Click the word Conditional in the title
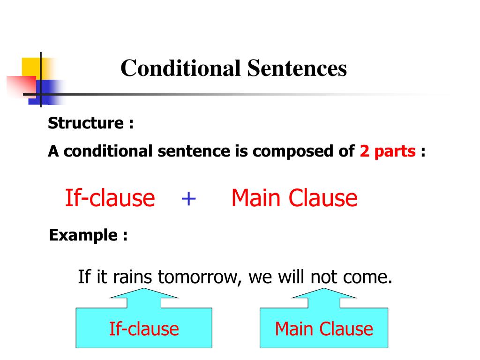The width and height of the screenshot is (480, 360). click(x=180, y=68)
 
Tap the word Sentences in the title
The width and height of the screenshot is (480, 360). click(x=297, y=68)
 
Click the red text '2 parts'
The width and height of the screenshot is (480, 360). click(x=388, y=151)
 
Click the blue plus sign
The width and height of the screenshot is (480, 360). click(x=188, y=198)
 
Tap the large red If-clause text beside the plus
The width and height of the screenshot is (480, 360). click(x=110, y=198)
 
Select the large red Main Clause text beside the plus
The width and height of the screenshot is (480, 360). click(x=294, y=198)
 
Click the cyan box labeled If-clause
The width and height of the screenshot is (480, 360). click(x=144, y=328)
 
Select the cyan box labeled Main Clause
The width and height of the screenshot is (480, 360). click(x=324, y=328)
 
